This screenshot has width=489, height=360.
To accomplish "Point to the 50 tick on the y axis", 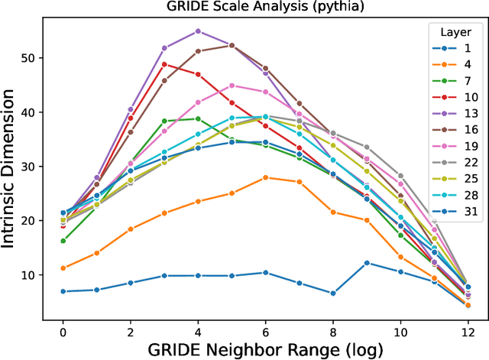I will [36, 58].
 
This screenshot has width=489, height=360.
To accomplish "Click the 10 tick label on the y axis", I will [36, 274].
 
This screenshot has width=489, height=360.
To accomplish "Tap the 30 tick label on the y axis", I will [36, 167].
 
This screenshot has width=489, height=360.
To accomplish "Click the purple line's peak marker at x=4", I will [198, 31].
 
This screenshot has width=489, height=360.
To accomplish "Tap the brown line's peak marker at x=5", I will [232, 45].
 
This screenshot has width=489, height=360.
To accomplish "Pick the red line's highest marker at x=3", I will [164, 64].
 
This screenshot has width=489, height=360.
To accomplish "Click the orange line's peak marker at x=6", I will [265, 177].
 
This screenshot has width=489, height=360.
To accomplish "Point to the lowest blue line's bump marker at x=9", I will [367, 263].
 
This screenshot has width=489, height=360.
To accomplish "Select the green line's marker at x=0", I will [63, 241].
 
